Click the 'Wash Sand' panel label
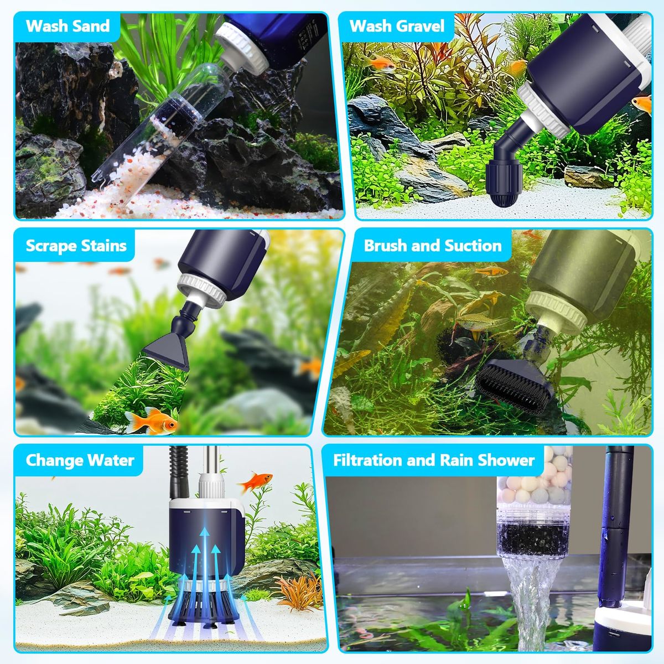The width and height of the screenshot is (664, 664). (68, 26)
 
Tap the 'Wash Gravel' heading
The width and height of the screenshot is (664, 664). (397, 26)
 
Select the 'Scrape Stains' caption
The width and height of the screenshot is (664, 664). (76, 246)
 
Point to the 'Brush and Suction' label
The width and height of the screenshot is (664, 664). (433, 246)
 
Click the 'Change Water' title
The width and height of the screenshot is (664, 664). (80, 460)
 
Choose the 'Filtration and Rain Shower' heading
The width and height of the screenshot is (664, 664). (434, 460)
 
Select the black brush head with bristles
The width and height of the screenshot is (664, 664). (516, 381)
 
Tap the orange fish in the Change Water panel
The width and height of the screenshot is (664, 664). (256, 481)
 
